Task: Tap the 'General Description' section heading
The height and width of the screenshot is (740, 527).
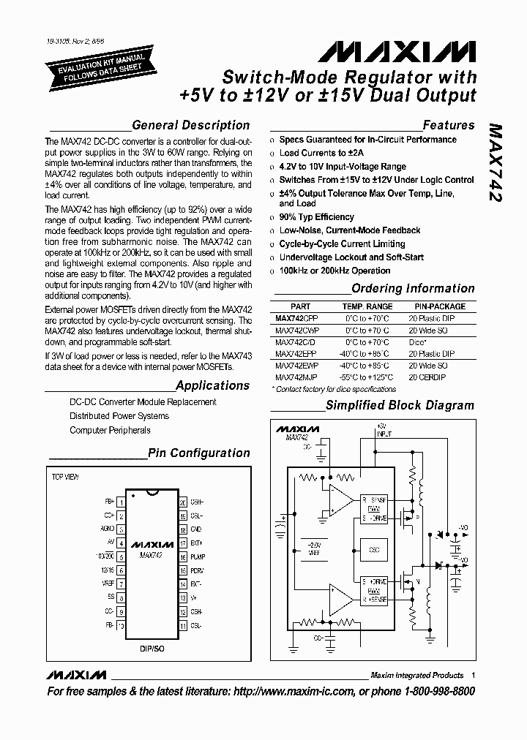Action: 191,125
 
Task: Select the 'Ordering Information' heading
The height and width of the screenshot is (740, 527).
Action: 413,288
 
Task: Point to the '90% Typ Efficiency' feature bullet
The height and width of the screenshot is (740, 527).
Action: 316,217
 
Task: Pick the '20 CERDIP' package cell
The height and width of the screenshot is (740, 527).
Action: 427,377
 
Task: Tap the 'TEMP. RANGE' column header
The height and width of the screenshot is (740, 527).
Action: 367,306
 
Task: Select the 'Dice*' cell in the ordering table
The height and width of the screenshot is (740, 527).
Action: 418,341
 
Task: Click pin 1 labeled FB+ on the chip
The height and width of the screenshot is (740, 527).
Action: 110,502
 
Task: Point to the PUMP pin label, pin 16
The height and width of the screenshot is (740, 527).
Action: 197,556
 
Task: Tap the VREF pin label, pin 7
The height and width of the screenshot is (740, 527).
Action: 108,584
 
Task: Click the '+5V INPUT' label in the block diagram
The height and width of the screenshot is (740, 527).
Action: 384,429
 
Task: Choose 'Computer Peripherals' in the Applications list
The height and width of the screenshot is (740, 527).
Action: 110,430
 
